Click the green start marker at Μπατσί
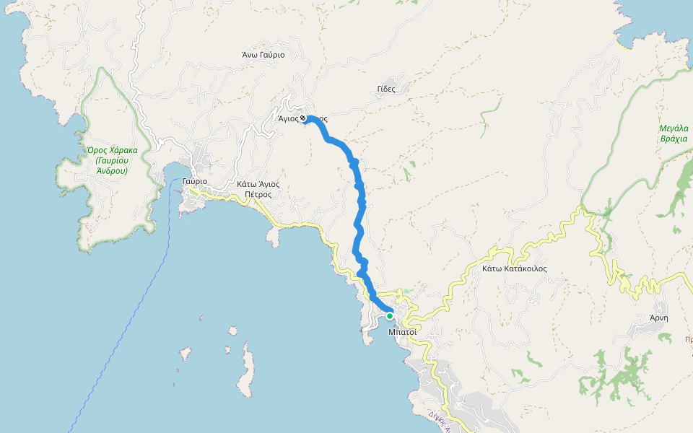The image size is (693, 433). (390, 315)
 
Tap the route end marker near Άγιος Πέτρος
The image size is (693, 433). (304, 119)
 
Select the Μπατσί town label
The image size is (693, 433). (402, 332)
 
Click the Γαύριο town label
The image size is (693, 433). (195, 181)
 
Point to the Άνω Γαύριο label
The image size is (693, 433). (263, 55)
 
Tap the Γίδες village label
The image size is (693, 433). (386, 89)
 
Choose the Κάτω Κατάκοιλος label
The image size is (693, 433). (514, 268)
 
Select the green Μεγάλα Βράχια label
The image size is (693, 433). (674, 134)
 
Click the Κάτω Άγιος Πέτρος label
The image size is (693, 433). (258, 189)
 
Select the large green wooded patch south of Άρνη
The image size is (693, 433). (621, 375)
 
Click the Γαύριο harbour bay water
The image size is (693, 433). (174, 173)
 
